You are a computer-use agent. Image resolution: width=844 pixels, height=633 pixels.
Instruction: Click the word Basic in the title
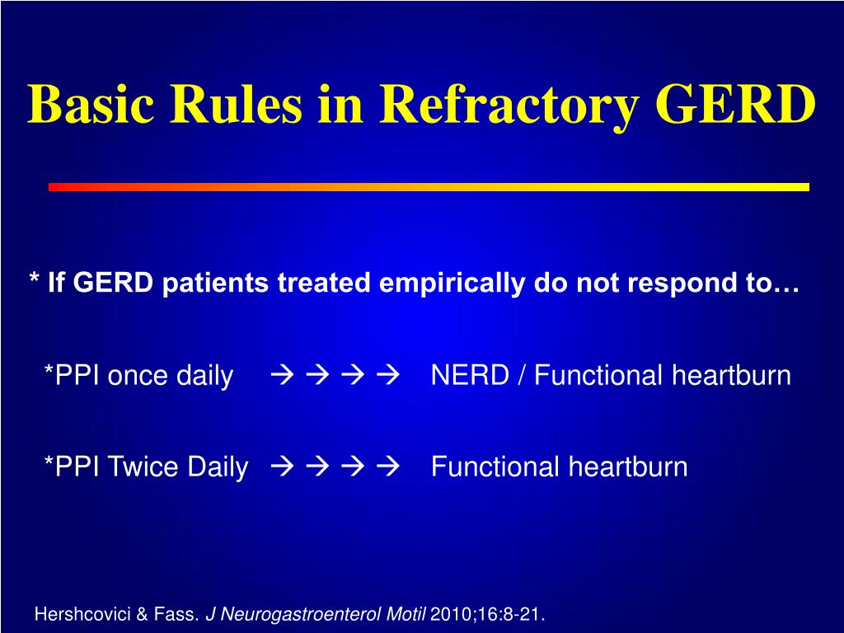tap(91, 104)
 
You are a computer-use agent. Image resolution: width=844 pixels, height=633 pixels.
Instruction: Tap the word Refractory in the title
tap(509, 108)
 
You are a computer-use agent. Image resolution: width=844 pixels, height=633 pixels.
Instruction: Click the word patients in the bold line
tap(215, 284)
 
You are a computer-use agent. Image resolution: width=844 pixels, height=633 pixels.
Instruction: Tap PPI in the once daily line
tap(77, 375)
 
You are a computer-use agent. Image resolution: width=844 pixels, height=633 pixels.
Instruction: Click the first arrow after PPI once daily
tap(283, 375)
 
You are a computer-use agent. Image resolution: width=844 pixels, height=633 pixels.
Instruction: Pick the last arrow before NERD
tap(388, 375)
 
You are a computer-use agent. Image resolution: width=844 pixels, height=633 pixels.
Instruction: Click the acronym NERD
tap(470, 375)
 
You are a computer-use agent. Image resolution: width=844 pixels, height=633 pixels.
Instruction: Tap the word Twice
tap(143, 467)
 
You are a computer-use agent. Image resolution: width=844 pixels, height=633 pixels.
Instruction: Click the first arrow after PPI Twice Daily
tap(283, 467)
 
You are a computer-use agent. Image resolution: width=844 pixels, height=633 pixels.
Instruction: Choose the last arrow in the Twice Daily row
tap(388, 467)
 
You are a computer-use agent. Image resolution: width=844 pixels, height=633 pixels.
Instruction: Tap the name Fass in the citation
tap(176, 613)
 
